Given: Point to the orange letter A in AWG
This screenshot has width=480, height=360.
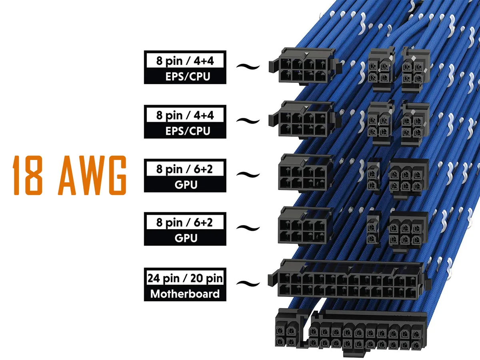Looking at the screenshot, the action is pos(67,175).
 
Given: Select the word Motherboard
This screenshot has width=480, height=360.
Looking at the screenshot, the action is pos(185,294).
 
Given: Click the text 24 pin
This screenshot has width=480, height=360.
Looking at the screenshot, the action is pos(163,279).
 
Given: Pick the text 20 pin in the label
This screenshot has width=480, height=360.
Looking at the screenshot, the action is pos(206,279).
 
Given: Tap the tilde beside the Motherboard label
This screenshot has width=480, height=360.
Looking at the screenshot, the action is pos(248,284).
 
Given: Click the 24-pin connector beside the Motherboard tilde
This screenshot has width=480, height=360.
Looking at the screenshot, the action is pos(348,280).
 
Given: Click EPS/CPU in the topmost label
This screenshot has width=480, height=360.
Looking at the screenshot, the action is pos(188,76).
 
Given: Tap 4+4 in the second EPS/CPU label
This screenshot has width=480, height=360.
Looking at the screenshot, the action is pos(204,115).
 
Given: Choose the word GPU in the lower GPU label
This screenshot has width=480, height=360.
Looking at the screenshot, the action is pos(186,238).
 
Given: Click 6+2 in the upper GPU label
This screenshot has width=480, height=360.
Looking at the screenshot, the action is pos(203,169).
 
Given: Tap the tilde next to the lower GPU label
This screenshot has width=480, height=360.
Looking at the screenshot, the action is pos(248,228).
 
